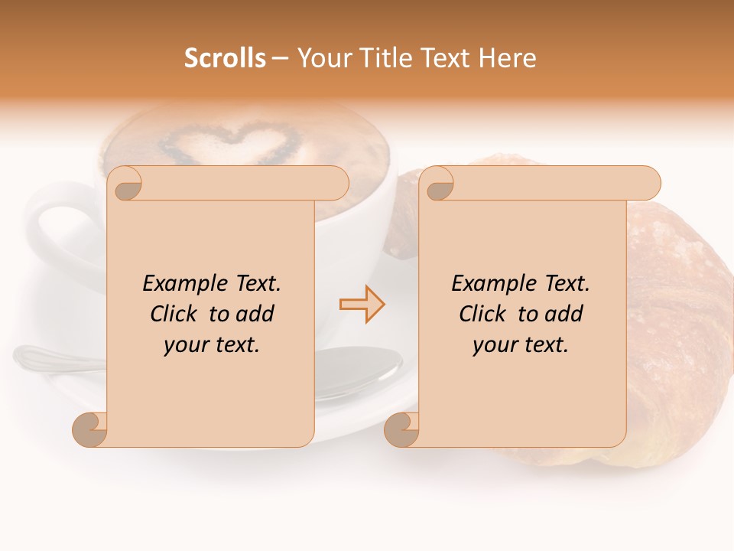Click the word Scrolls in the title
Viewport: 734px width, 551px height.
[225, 58]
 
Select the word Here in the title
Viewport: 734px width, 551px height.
[508, 58]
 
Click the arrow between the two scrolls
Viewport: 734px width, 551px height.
[362, 305]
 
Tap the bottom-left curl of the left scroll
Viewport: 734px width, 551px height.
[90, 429]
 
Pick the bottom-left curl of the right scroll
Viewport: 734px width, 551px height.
[402, 429]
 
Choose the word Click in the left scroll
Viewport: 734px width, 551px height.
[175, 315]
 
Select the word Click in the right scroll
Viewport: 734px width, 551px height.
[484, 315]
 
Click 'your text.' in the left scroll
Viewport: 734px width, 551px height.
[212, 345]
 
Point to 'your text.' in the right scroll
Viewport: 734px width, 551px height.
[521, 345]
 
